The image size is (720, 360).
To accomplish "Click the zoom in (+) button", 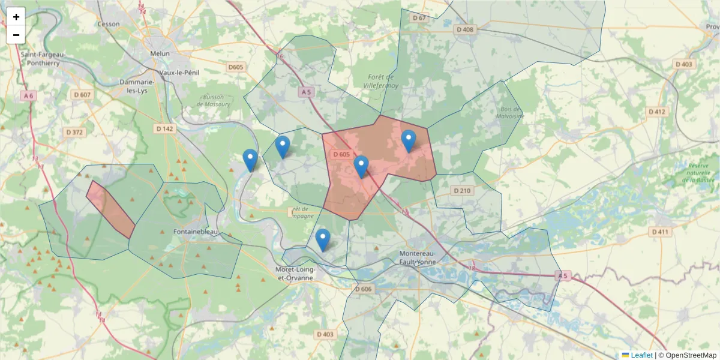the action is click(x=16, y=17).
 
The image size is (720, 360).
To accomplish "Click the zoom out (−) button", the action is click(x=16, y=35).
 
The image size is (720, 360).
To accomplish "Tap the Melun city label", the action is click(x=160, y=53).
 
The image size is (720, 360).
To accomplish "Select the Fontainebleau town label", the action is click(x=194, y=232).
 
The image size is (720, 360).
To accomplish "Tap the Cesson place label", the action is click(x=109, y=24).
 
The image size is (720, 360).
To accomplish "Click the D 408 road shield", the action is click(x=464, y=29).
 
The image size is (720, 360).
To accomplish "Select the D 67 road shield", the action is click(x=419, y=18).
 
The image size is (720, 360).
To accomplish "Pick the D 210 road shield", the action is click(x=462, y=190).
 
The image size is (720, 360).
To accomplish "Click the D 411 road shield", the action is click(x=660, y=232).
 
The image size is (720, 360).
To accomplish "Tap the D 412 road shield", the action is click(x=658, y=112).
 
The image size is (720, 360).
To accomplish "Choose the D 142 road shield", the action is click(x=164, y=128).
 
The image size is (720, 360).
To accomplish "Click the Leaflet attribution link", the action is click(x=641, y=355).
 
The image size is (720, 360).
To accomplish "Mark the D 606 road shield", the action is click(x=363, y=289).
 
